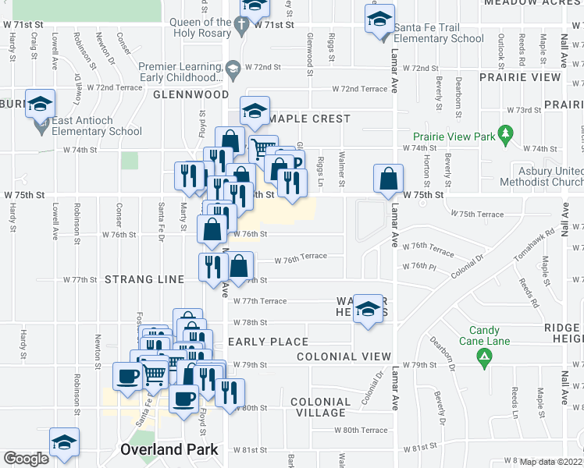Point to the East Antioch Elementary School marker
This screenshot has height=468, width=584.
click(x=39, y=104)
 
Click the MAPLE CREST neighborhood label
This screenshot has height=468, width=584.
click(x=310, y=119)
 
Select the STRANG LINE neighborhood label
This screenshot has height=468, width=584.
click(x=144, y=279)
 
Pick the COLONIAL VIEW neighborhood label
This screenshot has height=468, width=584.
click(x=344, y=356)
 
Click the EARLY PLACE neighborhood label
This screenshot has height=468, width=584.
click(x=269, y=342)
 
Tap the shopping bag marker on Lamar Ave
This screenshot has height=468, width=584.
click(x=388, y=179)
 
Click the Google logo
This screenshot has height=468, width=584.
click(x=26, y=459)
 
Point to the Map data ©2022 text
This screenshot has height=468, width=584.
click(x=551, y=462)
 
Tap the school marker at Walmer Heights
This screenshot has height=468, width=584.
click(x=368, y=310)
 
